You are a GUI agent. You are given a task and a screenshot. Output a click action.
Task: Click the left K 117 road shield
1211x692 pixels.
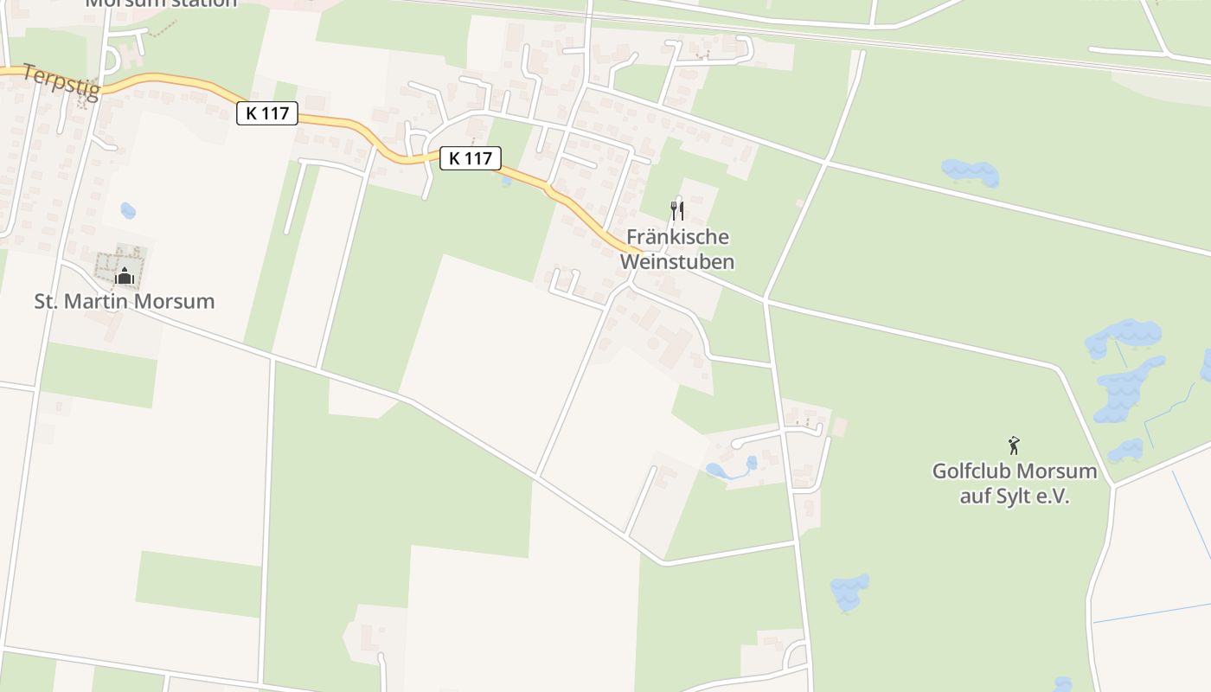click(267, 112)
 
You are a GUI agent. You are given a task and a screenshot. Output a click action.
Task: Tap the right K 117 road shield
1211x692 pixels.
click(471, 158)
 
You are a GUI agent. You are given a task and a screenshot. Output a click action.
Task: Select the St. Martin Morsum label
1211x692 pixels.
click(124, 302)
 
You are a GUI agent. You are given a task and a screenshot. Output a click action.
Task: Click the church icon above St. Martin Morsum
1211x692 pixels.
click(125, 277)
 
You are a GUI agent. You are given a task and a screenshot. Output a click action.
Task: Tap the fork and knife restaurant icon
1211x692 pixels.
click(677, 210)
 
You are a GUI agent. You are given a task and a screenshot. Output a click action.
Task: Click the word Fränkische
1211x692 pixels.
click(677, 237)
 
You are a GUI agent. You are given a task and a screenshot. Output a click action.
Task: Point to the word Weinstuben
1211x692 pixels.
click(677, 261)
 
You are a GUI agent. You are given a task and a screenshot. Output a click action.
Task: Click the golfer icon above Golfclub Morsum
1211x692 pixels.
click(1014, 446)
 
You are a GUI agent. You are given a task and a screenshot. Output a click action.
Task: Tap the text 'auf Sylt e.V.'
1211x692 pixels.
click(1014, 497)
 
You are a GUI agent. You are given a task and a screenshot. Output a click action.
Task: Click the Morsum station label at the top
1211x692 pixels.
click(161, 3)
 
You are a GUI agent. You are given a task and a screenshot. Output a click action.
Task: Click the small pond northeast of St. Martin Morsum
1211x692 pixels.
click(128, 210)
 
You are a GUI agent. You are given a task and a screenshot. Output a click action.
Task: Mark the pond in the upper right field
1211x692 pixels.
click(971, 172)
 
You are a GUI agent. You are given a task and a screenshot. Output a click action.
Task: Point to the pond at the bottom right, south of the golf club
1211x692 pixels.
click(849, 593)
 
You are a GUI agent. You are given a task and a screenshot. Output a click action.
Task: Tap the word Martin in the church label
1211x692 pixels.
click(109, 302)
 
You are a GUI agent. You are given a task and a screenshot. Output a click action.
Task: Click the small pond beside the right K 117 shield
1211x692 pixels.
click(506, 181)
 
